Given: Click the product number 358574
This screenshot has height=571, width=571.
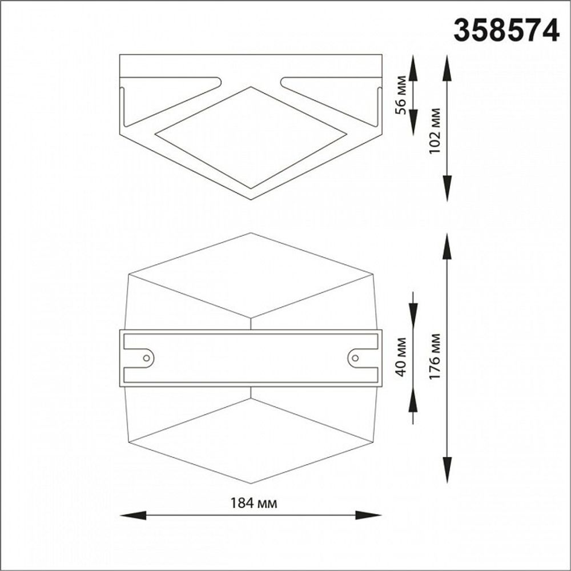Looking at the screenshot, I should [506, 30].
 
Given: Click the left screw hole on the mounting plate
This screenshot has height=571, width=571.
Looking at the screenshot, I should [147, 357].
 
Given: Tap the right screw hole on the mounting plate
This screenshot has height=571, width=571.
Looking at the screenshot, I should [355, 357].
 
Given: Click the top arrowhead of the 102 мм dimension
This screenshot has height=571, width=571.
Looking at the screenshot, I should [447, 66].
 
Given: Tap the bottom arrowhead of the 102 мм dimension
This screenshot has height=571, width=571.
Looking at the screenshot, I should [447, 188].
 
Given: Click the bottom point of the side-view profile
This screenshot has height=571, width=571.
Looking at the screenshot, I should [251, 198].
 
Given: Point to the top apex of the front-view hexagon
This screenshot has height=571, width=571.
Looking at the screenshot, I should [251, 234].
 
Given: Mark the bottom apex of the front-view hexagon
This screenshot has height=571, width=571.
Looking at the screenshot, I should [251, 483].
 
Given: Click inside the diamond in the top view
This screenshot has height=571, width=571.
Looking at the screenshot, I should [251, 137].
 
